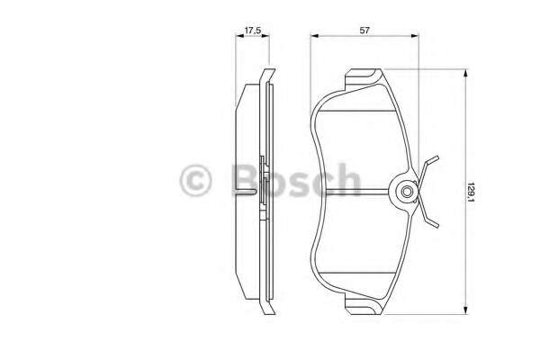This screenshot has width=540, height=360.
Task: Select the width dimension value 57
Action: tap(363, 31)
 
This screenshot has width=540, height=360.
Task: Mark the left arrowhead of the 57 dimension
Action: tap(313, 38)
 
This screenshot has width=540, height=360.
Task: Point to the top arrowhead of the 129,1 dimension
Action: tap(463, 76)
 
